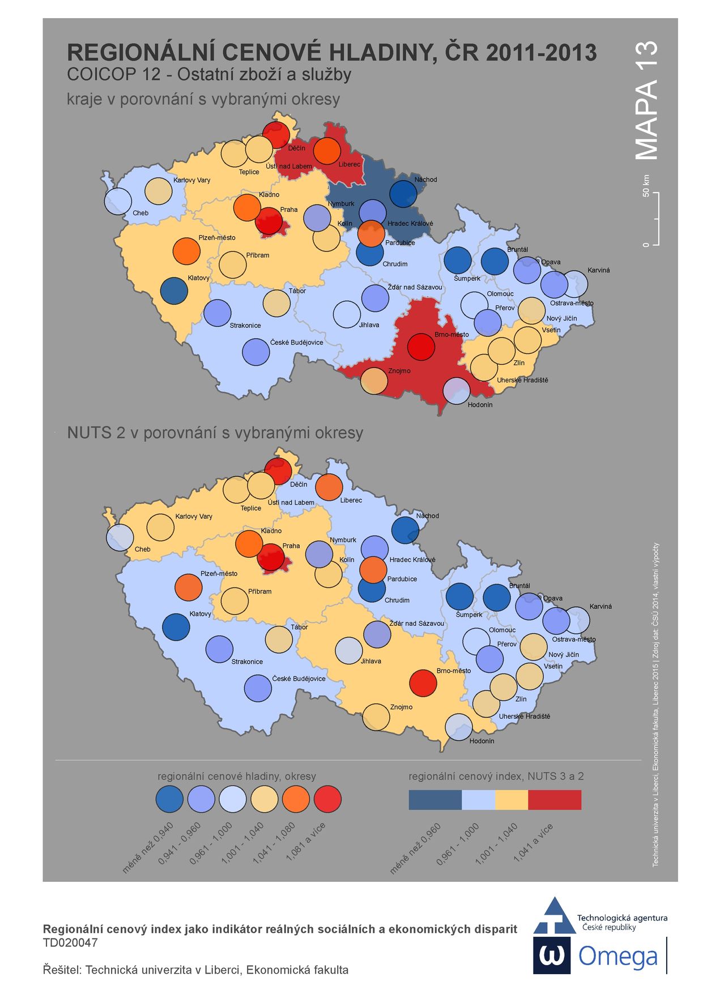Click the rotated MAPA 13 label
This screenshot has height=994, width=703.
(x=646, y=100)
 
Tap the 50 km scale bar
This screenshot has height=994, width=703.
(x=656, y=219)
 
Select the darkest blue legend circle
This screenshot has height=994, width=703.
(x=169, y=799)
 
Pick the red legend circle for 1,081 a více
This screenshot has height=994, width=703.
(x=327, y=799)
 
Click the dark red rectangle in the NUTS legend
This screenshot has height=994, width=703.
(x=554, y=800)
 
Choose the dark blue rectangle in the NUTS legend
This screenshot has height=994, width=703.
(x=435, y=800)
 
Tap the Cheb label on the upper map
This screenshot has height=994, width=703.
(x=140, y=213)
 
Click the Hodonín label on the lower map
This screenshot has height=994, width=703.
(x=482, y=741)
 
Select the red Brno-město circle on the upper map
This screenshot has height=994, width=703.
(x=421, y=347)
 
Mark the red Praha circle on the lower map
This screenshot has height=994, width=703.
(x=271, y=557)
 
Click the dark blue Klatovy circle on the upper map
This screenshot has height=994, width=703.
(x=174, y=291)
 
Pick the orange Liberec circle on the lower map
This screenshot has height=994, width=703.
(x=329, y=488)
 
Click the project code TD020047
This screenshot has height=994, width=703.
(x=70, y=943)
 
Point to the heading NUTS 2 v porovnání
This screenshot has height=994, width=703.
(x=215, y=433)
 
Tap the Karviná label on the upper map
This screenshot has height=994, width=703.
(x=598, y=270)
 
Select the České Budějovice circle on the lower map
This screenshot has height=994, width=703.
(x=258, y=688)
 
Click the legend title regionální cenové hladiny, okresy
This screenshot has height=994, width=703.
(x=237, y=776)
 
